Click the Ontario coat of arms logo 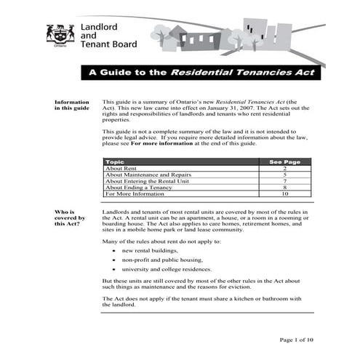60,34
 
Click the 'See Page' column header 284,162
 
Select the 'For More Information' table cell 135,195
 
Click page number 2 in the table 285,169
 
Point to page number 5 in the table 285,175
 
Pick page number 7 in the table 285,182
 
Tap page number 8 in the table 285,188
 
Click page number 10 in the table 285,195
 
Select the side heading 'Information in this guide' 72,105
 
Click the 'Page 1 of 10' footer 297,340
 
